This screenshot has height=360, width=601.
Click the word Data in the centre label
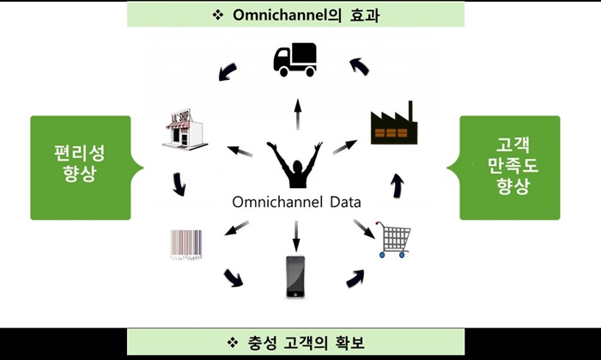[342, 203]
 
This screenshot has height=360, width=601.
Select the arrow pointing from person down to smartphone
[296, 231]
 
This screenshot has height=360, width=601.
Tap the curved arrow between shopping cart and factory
[397, 184]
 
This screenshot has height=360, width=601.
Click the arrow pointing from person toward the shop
[240, 153]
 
